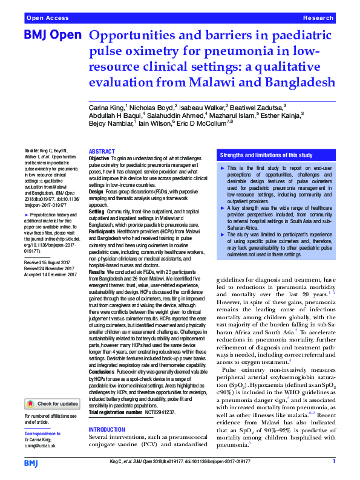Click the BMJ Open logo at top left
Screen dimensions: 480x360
[51, 35]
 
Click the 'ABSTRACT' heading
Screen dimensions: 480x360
[102, 152]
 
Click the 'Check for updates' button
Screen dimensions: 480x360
[52, 404]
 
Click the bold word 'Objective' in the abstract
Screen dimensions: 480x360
[100, 158]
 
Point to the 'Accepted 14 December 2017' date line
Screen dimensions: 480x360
[51, 275]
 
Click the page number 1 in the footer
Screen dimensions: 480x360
[334, 462]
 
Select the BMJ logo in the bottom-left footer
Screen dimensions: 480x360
[31, 462]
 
